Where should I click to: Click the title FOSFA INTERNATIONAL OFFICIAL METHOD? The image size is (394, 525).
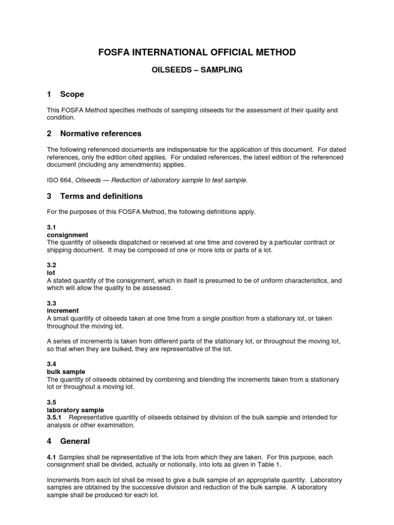pyautogui.click(x=196, y=52)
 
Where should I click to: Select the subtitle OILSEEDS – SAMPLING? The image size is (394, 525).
pyautogui.click(x=196, y=70)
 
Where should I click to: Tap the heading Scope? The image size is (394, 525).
pyautogui.click(x=72, y=94)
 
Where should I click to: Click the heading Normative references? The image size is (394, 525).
pyautogui.click(x=101, y=134)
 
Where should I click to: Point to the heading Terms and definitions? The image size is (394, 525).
pyautogui.click(x=101, y=196)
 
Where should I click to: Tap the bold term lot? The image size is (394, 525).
pyautogui.click(x=51, y=273)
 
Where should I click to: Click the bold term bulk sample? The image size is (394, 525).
pyautogui.click(x=66, y=372)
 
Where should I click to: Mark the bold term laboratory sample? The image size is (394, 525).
pyautogui.click(x=75, y=410)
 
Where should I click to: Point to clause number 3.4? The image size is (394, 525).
pyautogui.click(x=51, y=364)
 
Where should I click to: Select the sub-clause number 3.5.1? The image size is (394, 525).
pyautogui.click(x=54, y=417)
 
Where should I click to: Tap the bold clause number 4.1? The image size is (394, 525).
pyautogui.click(x=51, y=457)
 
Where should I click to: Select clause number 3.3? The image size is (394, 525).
pyautogui.click(x=51, y=304)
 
